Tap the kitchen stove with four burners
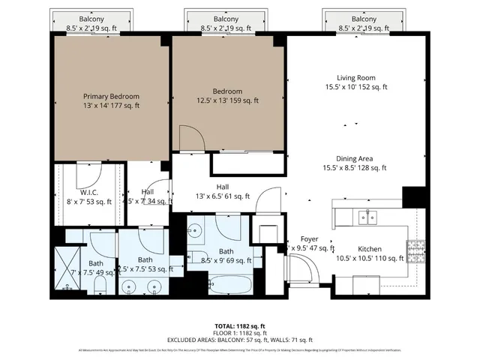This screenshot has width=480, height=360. click(415, 248)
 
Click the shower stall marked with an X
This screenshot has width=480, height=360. click(67, 271)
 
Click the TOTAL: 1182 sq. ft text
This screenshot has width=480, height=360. click(240, 326)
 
